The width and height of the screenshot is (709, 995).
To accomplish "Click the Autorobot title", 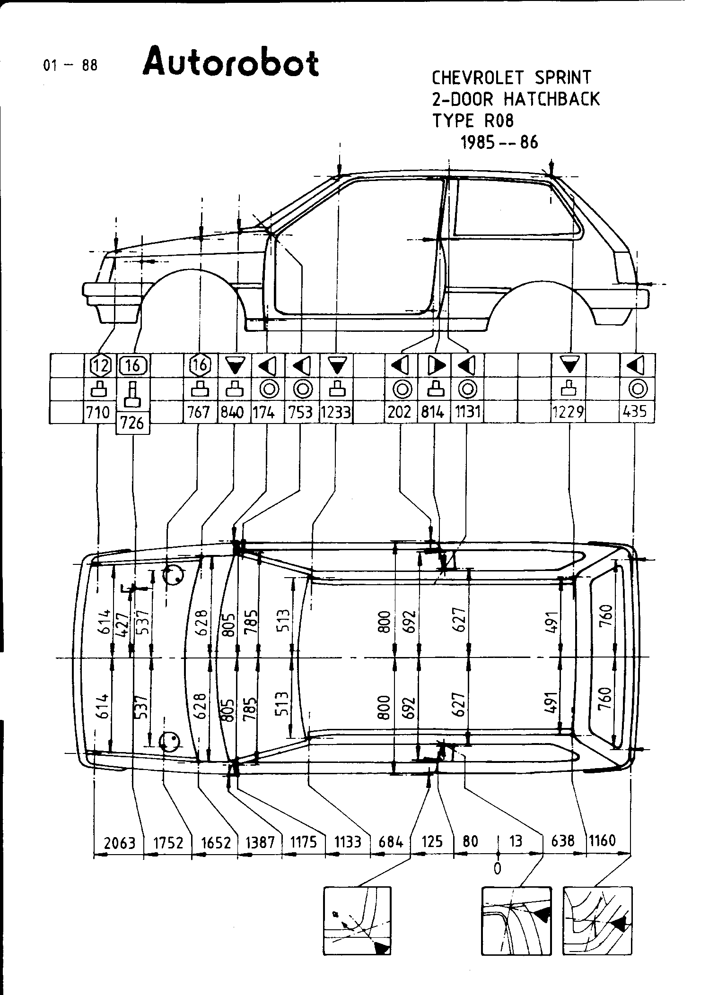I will pos(230,61).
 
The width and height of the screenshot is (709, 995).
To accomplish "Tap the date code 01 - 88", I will pos(70,65).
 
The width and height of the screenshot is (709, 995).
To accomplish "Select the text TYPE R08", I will pos(473,121).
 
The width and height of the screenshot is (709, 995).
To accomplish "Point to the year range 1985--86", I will pos(499,142).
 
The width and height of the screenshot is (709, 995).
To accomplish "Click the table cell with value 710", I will pos(98,412).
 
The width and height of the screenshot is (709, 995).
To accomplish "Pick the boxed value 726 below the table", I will pos(132,423).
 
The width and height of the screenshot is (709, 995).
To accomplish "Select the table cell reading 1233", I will pos(336,412).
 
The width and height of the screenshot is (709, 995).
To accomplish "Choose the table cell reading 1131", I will pos(467,412).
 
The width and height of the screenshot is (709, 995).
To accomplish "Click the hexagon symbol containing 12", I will pos(100,365).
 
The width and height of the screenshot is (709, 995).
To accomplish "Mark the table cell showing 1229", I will pos(568,412).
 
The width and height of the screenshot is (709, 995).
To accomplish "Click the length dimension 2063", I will pos(119,842).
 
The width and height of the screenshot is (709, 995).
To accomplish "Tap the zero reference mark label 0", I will pos(497,868).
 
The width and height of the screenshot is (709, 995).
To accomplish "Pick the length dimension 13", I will pos(516,841).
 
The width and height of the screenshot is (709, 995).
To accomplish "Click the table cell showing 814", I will pos(433,412).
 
